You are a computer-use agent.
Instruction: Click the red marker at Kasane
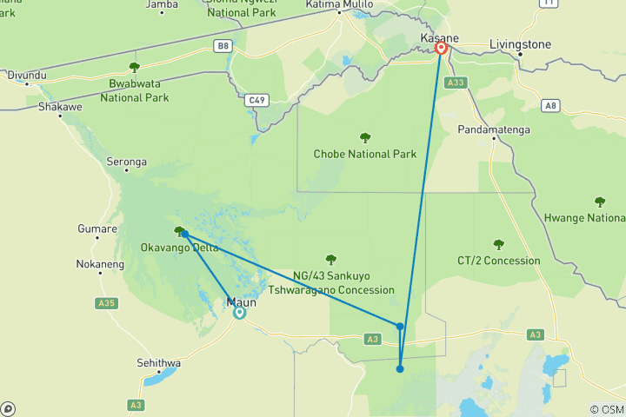click(441, 48)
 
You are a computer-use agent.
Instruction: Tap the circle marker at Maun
click(239, 313)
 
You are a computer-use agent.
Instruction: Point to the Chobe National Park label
click(365, 155)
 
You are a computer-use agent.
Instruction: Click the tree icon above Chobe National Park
click(365, 136)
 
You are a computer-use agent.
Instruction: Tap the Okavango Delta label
click(179, 248)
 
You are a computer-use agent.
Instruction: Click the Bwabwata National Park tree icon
click(134, 67)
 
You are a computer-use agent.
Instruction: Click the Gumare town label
click(97, 228)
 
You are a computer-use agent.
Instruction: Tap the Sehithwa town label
click(161, 361)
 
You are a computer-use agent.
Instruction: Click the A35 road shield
click(106, 303)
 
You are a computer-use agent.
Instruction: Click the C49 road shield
click(255, 100)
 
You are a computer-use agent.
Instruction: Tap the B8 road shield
click(224, 45)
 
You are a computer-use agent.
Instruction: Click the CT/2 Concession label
click(498, 261)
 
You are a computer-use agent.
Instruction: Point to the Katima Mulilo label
click(339, 5)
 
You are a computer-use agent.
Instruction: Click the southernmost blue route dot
click(400, 369)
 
